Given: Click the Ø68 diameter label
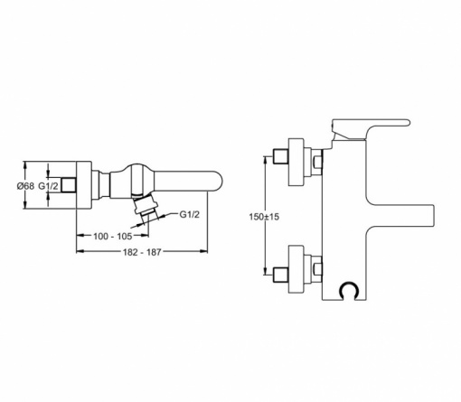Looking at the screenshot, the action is click(x=25, y=186).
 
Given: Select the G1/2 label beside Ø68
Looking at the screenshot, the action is click(x=48, y=186).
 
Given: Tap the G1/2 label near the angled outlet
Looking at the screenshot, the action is click(x=190, y=214).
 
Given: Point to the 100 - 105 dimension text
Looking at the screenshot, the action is click(x=113, y=236).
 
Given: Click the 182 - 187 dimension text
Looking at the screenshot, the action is click(x=142, y=252).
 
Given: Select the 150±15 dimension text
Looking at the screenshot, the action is click(x=264, y=217).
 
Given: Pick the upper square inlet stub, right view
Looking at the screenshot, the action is click(x=280, y=156).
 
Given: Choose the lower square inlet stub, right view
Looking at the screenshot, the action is click(x=280, y=276).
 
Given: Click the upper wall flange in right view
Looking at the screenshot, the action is click(x=296, y=162).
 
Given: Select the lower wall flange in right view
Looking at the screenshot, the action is click(x=296, y=269).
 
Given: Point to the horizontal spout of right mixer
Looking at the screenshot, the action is click(x=400, y=216).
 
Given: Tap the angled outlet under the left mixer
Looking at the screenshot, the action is click(x=146, y=207).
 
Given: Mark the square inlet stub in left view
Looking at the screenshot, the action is click(x=69, y=185).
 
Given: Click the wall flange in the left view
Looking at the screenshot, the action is click(x=83, y=185).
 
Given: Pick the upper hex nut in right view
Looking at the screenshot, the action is click(x=318, y=162).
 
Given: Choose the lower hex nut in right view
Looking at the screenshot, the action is click(x=318, y=269).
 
